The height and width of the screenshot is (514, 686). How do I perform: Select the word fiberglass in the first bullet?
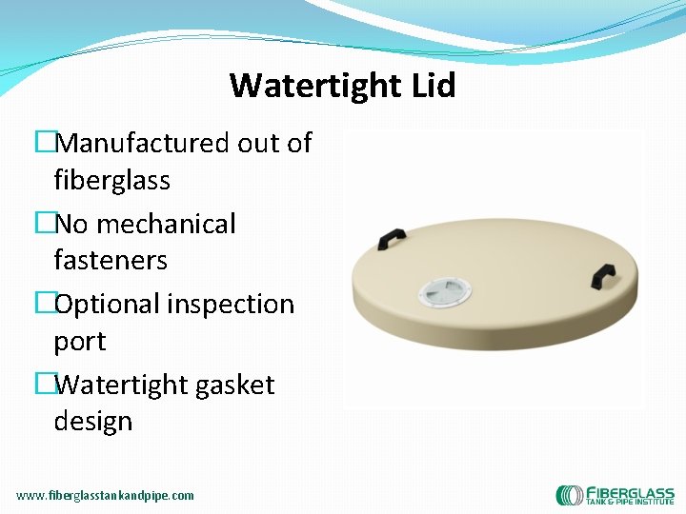point(111,180)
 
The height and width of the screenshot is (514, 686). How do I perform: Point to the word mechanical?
point(165,224)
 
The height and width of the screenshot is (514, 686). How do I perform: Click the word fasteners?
point(111,260)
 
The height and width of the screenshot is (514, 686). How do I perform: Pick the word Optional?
point(108,305)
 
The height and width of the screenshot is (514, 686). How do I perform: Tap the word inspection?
point(232,305)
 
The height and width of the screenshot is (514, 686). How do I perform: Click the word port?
point(80,341)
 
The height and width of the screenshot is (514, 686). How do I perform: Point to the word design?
point(93,421)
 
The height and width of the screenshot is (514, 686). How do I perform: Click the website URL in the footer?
point(105,495)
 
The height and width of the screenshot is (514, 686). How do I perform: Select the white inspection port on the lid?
point(446,293)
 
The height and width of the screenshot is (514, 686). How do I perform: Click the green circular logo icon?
point(570,495)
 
